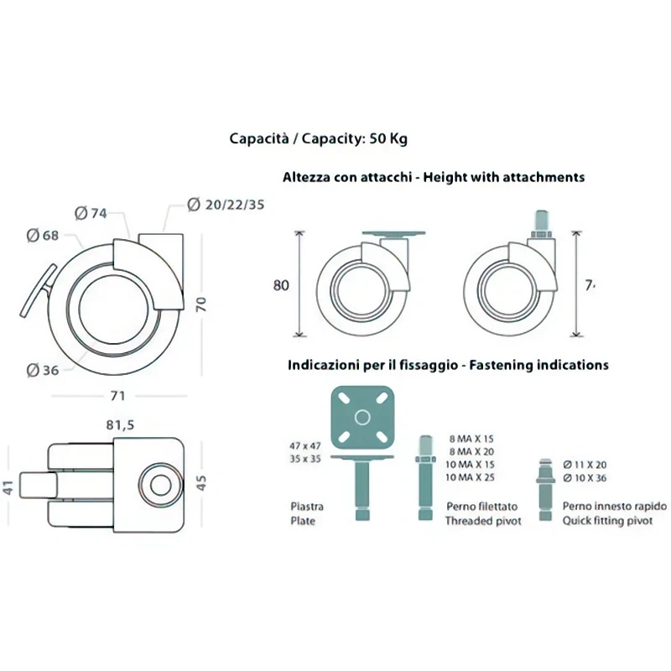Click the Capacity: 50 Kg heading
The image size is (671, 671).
[x=319, y=138]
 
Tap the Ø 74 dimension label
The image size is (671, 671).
[x=91, y=213]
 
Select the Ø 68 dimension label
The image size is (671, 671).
[x=42, y=236]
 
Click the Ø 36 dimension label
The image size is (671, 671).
[x=42, y=370]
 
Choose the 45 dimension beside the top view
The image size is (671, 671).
[x=200, y=484]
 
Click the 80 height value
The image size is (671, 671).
[x=281, y=285]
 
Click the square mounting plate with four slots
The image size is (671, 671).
[x=362, y=417]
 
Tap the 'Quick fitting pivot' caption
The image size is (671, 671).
[x=615, y=521]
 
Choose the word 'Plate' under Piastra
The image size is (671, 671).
[x=302, y=521]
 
